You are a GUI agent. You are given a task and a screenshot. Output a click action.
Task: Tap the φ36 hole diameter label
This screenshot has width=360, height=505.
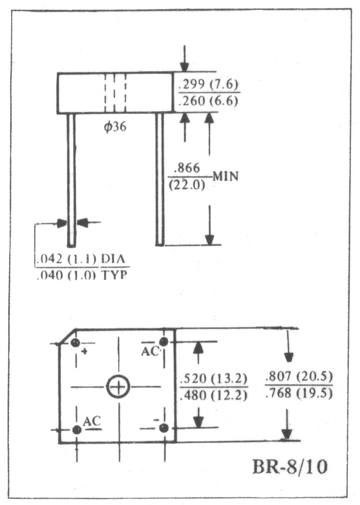click(115, 127)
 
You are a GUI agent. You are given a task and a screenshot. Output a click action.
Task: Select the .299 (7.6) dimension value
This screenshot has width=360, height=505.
click(208, 85)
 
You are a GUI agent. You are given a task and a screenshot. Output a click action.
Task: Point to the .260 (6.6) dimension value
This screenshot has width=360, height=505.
click(208, 101)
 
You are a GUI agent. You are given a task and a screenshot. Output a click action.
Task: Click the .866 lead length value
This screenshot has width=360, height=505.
click(187, 168)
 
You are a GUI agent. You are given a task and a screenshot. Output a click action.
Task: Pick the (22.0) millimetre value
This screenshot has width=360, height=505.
click(187, 185)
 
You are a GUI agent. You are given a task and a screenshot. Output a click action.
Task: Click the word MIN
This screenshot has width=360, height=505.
click(225, 176)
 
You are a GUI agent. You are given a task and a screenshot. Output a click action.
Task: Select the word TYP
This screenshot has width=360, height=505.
click(114, 275)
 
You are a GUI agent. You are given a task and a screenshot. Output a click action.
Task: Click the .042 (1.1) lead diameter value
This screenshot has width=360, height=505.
click(67, 259)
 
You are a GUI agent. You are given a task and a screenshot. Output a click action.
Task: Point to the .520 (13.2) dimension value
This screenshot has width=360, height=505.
click(213, 378)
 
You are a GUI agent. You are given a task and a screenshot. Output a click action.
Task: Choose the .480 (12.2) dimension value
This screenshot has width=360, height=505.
click(213, 395)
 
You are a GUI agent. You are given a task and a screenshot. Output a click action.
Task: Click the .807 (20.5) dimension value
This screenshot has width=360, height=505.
click(299, 376)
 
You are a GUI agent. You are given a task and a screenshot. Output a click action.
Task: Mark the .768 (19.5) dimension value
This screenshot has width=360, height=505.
click(299, 393)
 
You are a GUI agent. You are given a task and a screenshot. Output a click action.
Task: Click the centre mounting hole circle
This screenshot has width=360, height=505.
click(118, 386)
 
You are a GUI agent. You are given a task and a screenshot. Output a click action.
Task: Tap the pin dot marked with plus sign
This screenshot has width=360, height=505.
click(75, 342)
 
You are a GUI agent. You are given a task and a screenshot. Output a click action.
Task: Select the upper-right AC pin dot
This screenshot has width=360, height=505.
click(164, 342)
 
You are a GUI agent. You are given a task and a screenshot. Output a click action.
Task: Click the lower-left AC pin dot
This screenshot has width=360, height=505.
click(76, 430)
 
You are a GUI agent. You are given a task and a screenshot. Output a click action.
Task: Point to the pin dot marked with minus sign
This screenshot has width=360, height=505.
click(164, 428)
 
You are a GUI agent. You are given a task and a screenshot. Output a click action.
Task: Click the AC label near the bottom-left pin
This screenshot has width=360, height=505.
click(92, 421)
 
